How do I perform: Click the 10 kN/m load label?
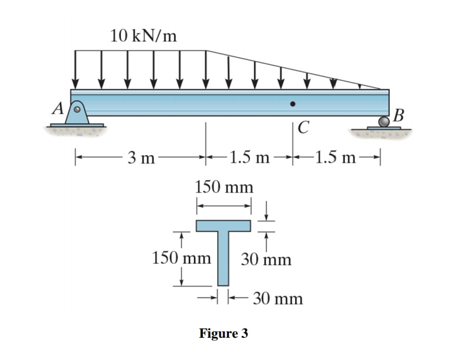click(x=142, y=36)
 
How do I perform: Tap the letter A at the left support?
click(x=58, y=109)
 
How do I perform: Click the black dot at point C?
click(x=293, y=104)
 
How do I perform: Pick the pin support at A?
click(x=78, y=114)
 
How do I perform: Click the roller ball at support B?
click(x=384, y=121)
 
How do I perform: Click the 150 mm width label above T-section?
click(x=223, y=187)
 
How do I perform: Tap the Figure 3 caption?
click(x=223, y=333)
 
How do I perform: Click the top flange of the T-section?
click(x=223, y=226)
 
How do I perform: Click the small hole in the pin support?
click(x=78, y=109)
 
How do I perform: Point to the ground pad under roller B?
click(x=384, y=129)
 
